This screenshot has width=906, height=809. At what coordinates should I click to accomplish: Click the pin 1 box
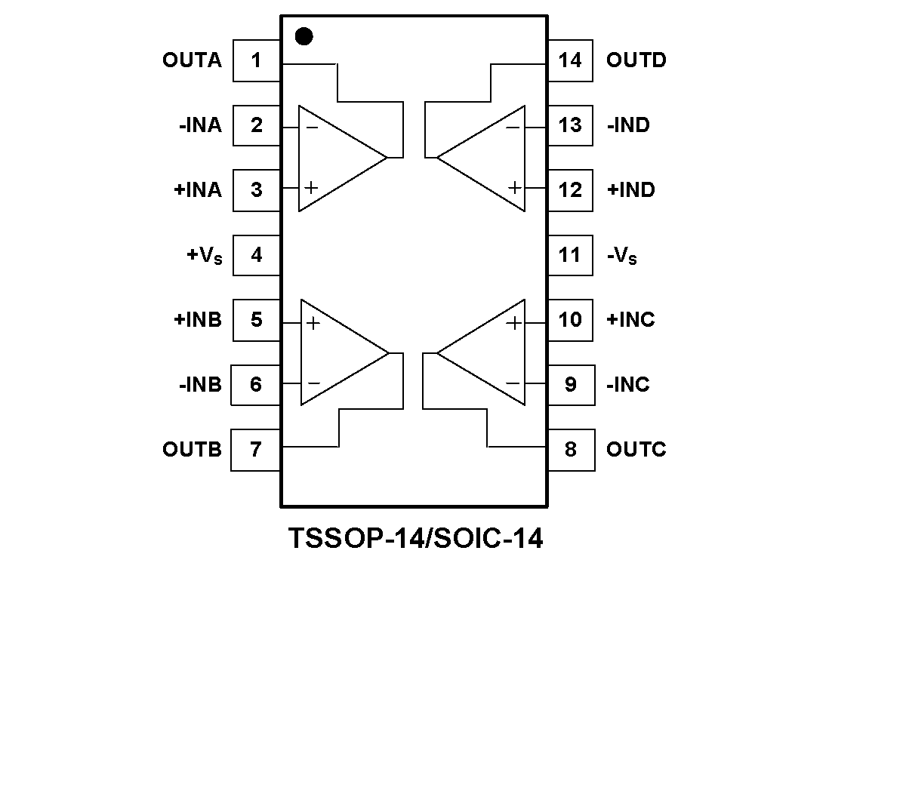pos(257,60)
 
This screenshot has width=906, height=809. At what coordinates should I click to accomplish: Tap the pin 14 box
pos(570,60)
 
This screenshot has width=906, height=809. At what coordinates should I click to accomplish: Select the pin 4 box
pos(257,255)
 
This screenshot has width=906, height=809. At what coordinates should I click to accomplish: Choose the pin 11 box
pos(570,255)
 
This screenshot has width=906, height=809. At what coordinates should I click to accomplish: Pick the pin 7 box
pos(255,450)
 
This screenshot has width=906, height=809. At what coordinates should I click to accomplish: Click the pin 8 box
pos(571,450)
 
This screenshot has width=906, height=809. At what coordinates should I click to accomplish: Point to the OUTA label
pos(192,60)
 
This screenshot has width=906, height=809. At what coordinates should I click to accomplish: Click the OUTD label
pos(636,60)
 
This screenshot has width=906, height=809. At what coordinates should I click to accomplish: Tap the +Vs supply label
pos(205,256)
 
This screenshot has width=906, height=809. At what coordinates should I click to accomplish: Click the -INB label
pos(201,385)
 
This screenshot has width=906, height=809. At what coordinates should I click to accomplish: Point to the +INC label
pos(630,320)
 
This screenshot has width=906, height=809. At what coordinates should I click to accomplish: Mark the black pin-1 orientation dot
pos(304,36)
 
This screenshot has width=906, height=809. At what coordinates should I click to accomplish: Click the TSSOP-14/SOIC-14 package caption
pos(415,539)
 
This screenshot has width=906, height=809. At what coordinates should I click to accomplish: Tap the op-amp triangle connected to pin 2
pos(336,158)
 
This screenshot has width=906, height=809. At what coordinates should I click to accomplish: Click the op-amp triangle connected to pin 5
pos(337,352)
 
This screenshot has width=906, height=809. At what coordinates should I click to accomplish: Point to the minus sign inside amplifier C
pos(513,383)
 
